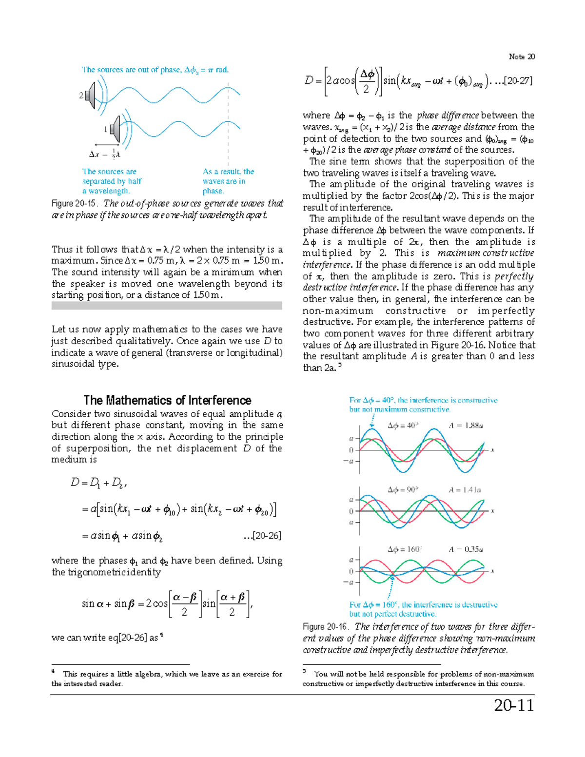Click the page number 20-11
pyautogui.click(x=514, y=705)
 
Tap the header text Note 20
pyautogui.click(x=522, y=57)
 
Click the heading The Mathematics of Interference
pyautogui.click(x=167, y=400)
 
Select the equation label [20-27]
pyautogui.click(x=517, y=81)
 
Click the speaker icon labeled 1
pyautogui.click(x=115, y=129)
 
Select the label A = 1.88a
pyautogui.click(x=466, y=426)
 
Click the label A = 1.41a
pyautogui.click(x=465, y=490)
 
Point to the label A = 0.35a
pyautogui.click(x=466, y=549)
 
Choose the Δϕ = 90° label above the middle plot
pyautogui.click(x=403, y=490)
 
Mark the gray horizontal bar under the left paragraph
pyautogui.click(x=167, y=306)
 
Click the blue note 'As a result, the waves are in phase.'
pyautogui.click(x=228, y=181)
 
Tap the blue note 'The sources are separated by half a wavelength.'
pyautogui.click(x=112, y=181)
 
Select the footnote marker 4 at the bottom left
pyautogui.click(x=53, y=672)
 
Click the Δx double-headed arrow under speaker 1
pyautogui.click(x=107, y=145)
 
